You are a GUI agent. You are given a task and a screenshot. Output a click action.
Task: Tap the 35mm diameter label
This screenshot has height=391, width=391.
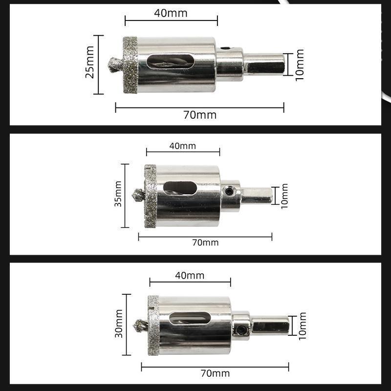(118, 195)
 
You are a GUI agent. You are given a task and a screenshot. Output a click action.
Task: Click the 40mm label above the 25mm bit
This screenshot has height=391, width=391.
(171, 13)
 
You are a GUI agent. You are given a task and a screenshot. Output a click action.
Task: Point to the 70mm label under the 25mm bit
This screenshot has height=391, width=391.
(199, 115)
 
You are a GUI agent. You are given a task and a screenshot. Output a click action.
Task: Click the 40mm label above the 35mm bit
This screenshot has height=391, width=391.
(182, 146)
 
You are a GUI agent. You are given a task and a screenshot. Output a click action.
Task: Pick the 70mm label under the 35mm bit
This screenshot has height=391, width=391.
(205, 242)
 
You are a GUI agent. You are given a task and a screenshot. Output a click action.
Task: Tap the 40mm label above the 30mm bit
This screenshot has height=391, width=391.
(190, 276)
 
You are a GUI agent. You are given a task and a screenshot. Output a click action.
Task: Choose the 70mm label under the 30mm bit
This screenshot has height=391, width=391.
(215, 374)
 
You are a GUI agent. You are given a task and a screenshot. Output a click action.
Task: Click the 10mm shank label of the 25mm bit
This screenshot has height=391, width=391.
(300, 64)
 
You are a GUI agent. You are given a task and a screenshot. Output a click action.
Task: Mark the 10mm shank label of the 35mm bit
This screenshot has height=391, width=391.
(284, 196)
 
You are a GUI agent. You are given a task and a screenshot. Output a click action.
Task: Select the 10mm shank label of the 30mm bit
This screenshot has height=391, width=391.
(302, 326)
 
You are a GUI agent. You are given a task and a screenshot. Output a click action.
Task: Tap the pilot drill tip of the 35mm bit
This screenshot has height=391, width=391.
(138, 195)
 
